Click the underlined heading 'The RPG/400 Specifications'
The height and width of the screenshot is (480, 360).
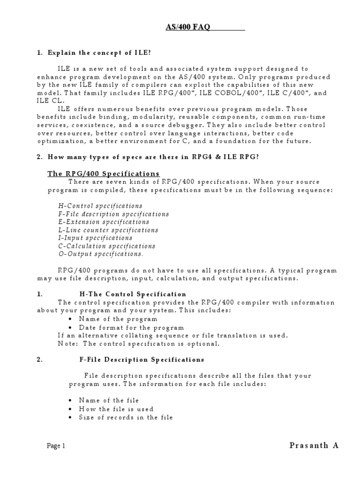click(104, 173)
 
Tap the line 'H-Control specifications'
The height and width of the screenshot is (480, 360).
click(100, 206)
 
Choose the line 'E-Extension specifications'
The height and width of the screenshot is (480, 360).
click(104, 222)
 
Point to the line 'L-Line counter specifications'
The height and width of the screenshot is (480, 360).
click(108, 230)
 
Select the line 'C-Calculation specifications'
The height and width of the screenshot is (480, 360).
click(106, 246)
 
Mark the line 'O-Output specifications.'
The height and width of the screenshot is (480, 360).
click(101, 254)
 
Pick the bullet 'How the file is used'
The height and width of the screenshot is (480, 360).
click(116, 409)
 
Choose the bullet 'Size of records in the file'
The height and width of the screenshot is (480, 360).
click(126, 417)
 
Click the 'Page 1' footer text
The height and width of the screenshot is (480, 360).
click(56, 446)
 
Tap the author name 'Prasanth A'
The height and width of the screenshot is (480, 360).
click(307, 445)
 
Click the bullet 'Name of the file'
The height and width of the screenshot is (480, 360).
click(109, 400)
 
